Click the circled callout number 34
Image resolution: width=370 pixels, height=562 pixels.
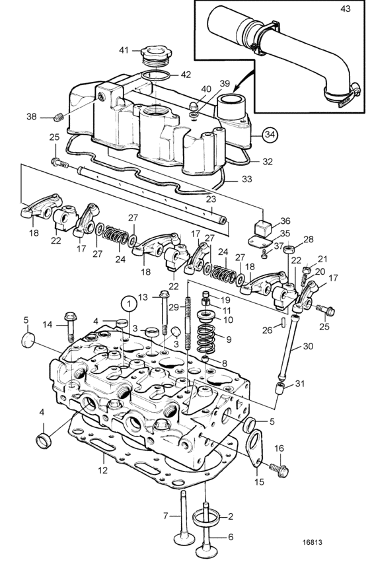click(x=270, y=135)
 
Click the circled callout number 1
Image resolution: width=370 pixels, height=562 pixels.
click(x=129, y=304)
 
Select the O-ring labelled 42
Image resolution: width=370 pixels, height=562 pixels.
click(x=156, y=76)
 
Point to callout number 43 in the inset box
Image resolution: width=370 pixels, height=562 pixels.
click(x=346, y=9)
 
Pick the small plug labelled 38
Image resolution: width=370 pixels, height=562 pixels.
click(x=58, y=117)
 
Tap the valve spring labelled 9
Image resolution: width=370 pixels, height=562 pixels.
click(x=206, y=338)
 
